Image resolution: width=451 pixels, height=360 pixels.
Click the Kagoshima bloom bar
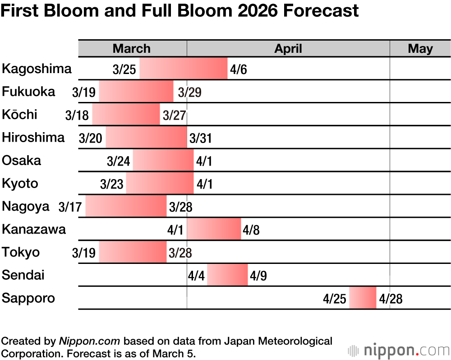coord(183,69)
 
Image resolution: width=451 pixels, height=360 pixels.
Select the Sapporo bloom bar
coord(363,298)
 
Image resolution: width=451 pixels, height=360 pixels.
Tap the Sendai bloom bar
coord(227,275)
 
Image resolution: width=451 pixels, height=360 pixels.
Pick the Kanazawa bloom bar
coord(214,229)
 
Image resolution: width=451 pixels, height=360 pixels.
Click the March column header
coord(132,49)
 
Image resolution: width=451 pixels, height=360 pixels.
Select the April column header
coord(288,49)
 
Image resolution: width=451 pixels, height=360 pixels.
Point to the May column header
coord(420,49)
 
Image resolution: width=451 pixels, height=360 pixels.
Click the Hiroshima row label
coord(33,137)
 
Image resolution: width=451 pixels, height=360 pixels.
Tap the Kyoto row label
coord(20,184)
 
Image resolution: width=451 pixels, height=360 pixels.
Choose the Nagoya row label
coord(26,207)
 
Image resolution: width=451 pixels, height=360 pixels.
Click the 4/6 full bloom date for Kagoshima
coord(239,70)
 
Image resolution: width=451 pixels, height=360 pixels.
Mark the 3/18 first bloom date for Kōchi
coord(77,115)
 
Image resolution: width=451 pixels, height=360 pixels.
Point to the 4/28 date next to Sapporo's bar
coord(391,299)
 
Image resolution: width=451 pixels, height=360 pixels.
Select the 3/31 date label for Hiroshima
coord(201,138)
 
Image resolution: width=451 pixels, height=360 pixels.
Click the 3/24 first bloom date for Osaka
coord(119,162)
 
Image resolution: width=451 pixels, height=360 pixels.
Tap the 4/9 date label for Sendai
coord(258,276)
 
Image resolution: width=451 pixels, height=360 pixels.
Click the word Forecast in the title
coord(320,11)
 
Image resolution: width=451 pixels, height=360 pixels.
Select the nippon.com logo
coord(399,350)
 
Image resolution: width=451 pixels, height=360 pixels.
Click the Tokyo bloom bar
coord(133,252)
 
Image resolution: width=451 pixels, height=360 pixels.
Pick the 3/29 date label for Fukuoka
coord(189,92)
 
